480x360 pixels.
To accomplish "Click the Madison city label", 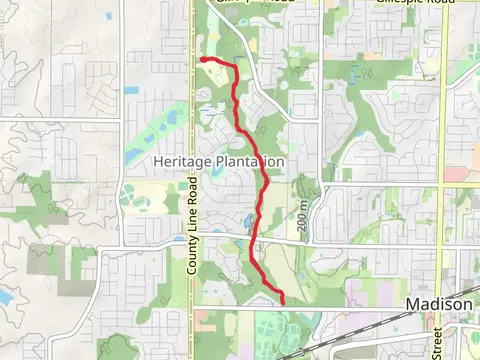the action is [x=439, y=304].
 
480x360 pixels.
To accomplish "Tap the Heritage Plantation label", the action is [x=219, y=161].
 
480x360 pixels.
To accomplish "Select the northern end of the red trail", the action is [x=203, y=60].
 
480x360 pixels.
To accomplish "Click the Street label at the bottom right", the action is [x=437, y=340].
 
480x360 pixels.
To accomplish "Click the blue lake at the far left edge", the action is [x=3, y=297].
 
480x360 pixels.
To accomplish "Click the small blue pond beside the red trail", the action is [x=247, y=220].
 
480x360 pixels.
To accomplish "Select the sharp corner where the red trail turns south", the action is [x=235, y=68].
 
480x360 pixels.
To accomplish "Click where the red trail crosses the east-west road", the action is [x=251, y=238].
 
